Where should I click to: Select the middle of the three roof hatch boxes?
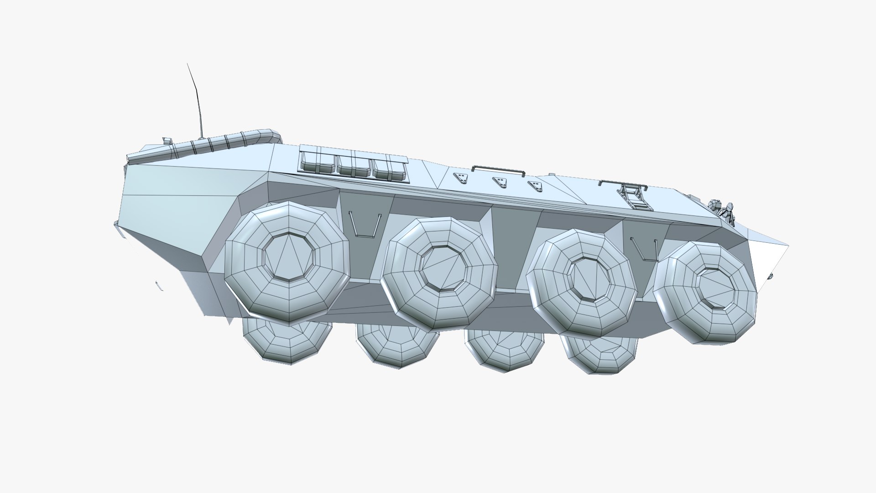tap(354, 165)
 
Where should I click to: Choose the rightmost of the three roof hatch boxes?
tap(389, 167)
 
